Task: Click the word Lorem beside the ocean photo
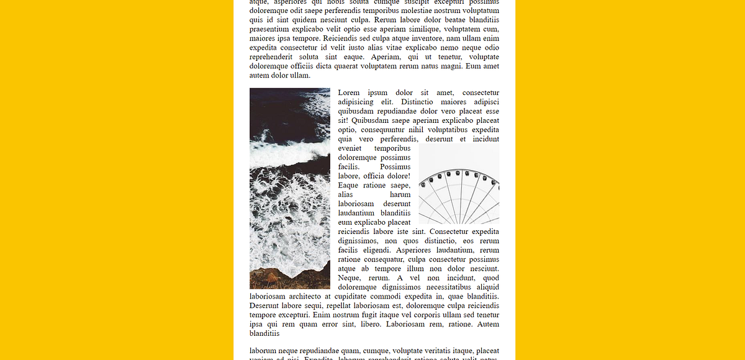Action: point(349,93)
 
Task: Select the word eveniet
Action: point(351,149)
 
